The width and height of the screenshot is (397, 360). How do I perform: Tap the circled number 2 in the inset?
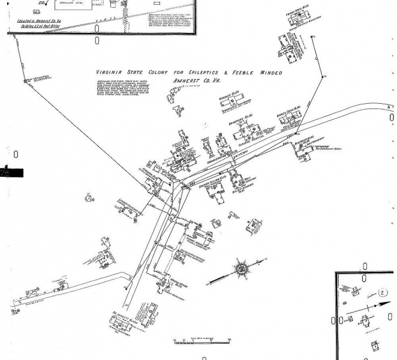[x=384, y=293]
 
